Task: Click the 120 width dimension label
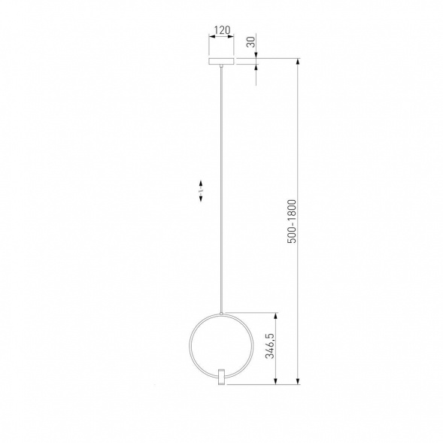tap(223, 30)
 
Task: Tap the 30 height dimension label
tap(251, 42)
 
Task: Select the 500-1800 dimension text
tap(292, 221)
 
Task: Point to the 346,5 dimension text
tap(270, 346)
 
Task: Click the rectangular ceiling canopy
tap(221, 61)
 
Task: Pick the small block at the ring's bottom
tap(221, 376)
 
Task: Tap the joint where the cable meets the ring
tap(221, 314)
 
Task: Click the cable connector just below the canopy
tap(221, 66)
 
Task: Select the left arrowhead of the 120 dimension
tap(211, 36)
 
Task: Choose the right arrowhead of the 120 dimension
tap(231, 36)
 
